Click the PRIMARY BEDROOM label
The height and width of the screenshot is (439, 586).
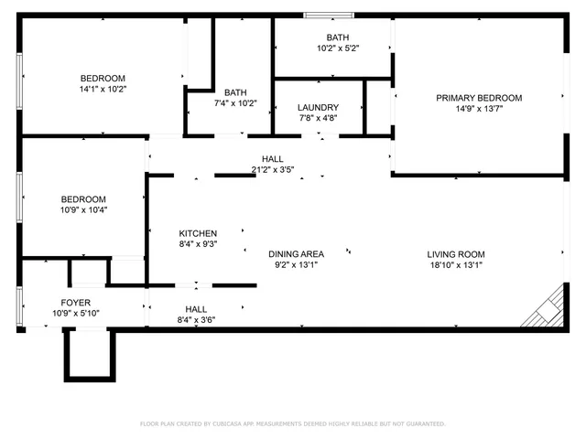[478, 98]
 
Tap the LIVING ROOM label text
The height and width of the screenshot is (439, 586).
[455, 254]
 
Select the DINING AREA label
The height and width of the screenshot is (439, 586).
[296, 254]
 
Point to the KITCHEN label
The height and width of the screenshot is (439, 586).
[197, 233]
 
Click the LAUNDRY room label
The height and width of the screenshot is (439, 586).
[318, 107]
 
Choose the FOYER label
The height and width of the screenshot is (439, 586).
[76, 302]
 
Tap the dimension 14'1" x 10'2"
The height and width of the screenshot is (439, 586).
[103, 90]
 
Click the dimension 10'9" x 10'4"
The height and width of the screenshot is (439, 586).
[83, 210]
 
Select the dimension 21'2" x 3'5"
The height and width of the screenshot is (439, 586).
[272, 169]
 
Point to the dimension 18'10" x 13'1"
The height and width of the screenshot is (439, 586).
[455, 265]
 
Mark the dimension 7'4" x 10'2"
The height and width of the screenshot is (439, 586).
[235, 103]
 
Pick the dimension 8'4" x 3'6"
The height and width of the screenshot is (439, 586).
[197, 320]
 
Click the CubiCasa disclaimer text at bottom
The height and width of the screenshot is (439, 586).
[292, 423]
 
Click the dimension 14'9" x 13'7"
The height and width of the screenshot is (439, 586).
[478, 109]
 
